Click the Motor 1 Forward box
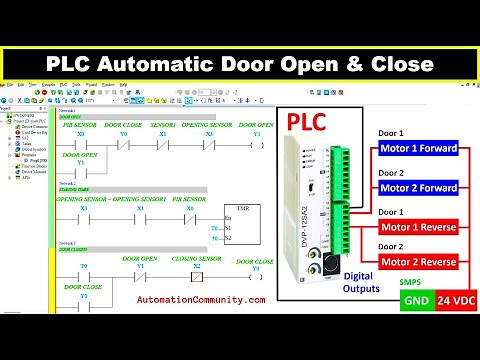418,150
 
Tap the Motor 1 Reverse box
418,226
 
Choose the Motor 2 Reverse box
418,261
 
